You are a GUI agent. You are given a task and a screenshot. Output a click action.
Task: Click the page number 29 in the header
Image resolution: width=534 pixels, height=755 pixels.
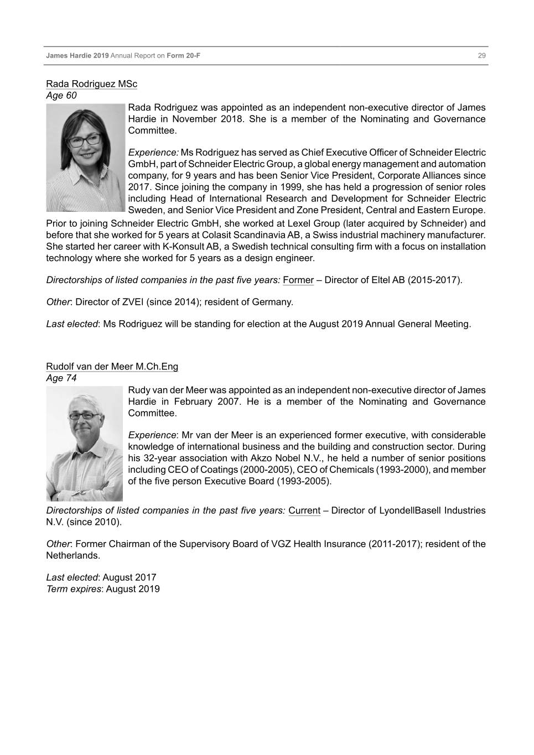481,56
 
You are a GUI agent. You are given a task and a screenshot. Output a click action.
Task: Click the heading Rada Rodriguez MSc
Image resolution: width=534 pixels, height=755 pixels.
91,84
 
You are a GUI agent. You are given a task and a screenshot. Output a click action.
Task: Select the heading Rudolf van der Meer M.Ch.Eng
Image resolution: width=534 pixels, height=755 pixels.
112,367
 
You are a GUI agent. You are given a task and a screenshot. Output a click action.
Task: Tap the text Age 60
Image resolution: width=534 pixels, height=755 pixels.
61,96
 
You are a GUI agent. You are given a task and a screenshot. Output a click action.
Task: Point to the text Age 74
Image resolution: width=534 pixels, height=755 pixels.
61,378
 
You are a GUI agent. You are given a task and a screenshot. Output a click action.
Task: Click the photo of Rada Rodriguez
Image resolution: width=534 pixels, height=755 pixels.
86,158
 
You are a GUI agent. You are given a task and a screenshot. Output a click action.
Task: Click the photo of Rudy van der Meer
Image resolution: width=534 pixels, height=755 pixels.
84,444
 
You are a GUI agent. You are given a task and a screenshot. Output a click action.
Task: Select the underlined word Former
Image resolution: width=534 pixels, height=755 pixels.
298,280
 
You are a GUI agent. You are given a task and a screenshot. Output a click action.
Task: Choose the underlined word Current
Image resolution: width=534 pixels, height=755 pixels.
304,511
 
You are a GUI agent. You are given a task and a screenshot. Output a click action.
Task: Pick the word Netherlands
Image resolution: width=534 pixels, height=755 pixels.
72,555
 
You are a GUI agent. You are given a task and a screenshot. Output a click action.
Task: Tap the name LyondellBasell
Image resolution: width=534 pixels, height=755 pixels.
411,511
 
